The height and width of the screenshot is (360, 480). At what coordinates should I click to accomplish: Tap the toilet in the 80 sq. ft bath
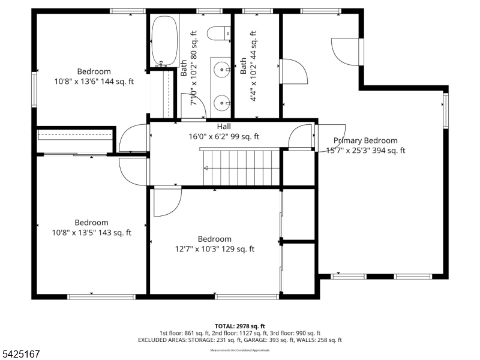coord(217,33)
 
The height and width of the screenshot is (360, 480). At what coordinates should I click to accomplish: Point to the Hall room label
coord(224,127)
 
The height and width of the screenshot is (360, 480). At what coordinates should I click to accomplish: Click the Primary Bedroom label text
coord(365,140)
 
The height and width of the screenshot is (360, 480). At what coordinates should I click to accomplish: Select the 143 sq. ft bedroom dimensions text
coord(91,233)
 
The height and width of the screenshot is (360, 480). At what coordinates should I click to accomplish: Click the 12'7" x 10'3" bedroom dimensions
coord(215,249)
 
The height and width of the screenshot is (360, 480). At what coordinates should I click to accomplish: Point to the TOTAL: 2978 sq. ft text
coord(239,326)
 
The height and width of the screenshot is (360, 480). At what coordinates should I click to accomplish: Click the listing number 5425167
coord(21,355)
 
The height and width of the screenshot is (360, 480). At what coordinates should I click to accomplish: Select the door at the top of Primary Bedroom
coord(347,51)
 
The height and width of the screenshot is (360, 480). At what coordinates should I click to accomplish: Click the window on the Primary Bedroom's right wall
coord(446,110)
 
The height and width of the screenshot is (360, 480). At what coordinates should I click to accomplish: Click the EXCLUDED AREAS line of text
coord(239,340)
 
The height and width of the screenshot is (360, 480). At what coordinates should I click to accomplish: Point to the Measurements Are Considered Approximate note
coord(239,350)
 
